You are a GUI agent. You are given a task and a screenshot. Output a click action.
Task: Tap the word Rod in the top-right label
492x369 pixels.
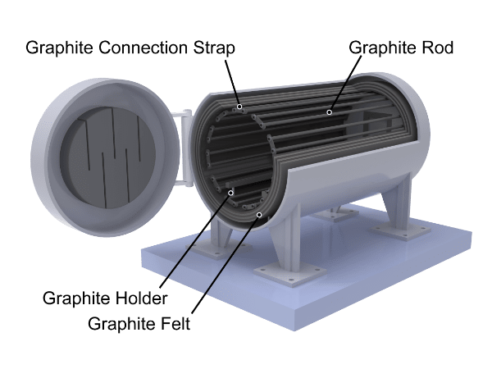point(438,48)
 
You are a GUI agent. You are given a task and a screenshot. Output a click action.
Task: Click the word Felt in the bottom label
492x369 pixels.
point(174,321)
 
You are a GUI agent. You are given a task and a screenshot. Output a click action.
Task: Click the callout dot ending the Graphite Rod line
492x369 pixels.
point(329,112)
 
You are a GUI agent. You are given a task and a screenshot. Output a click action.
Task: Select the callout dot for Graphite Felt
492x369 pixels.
point(260,216)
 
